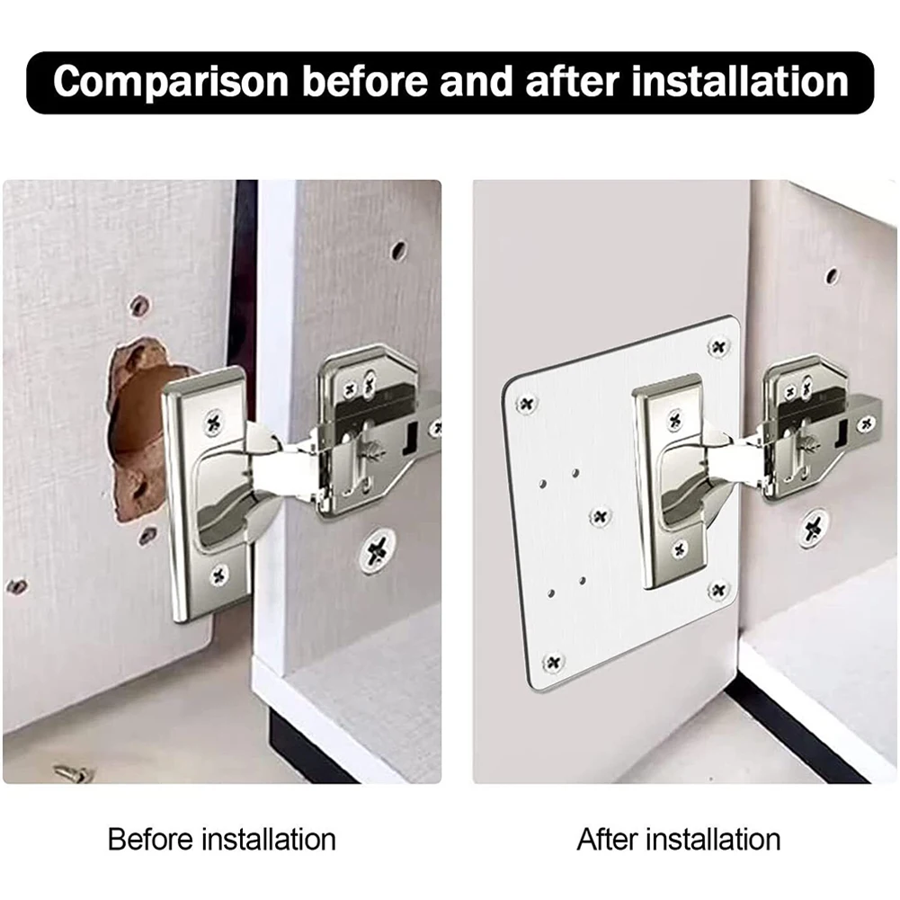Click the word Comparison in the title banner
(171, 82)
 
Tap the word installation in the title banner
(740, 82)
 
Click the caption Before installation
(221, 840)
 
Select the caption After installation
(678, 840)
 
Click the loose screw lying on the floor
(74, 772)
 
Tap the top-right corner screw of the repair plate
(717, 346)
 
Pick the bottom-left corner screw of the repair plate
(553, 663)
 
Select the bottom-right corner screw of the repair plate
(717, 590)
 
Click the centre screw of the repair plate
(600, 516)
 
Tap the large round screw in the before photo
(377, 549)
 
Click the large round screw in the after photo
(815, 529)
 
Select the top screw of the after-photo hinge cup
(674, 419)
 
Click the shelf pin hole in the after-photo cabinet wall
(832, 276)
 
